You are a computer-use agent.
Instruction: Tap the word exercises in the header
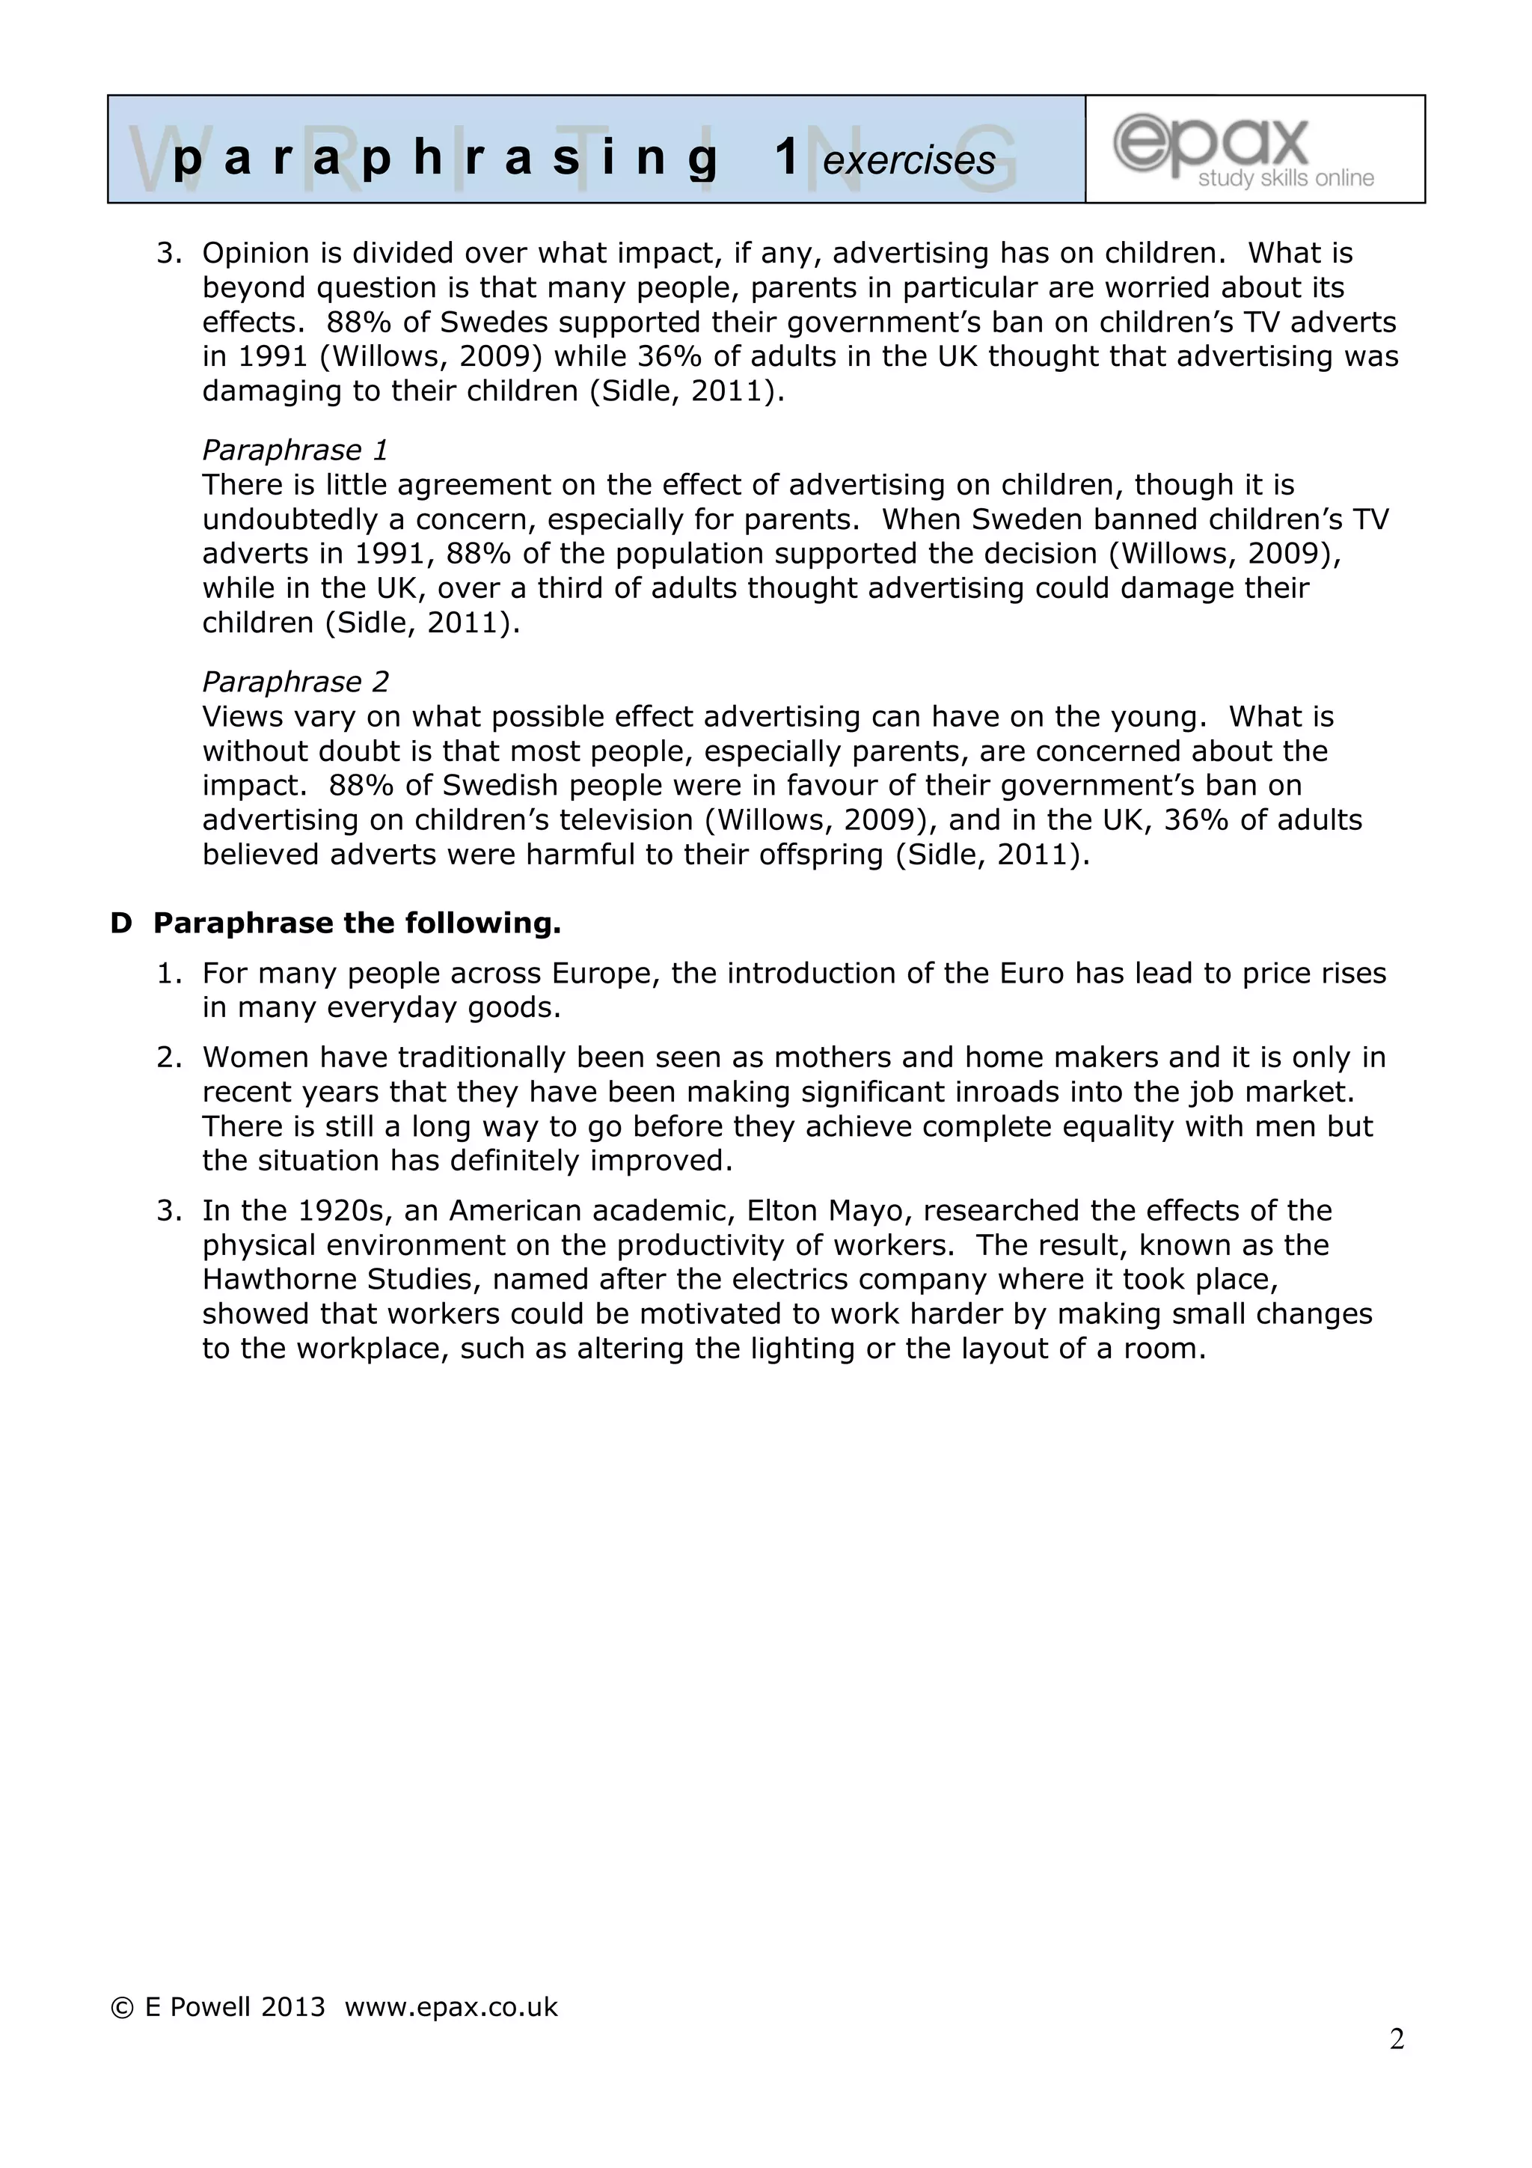click(x=908, y=160)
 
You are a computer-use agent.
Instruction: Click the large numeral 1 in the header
click(x=787, y=156)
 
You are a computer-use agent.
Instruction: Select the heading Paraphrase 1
click(x=295, y=450)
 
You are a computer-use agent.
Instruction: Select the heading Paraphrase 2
click(x=295, y=681)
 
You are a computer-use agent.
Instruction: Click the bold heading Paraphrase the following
click(x=357, y=923)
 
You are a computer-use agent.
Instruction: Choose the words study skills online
click(x=1286, y=178)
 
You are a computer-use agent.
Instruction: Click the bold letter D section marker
click(x=121, y=923)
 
